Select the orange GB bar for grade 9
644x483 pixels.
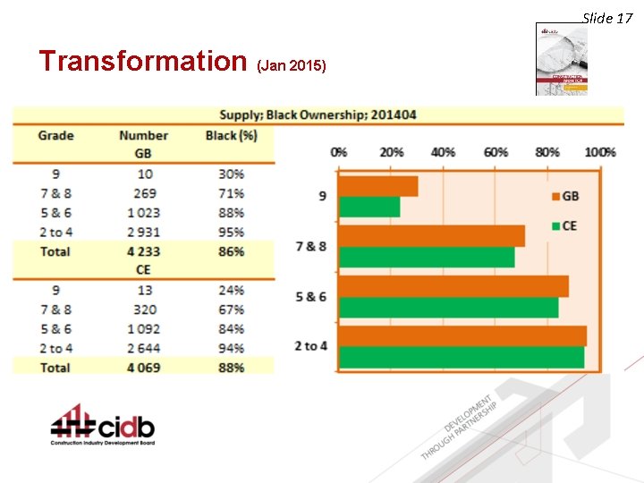pos(378,186)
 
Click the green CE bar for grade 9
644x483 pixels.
pos(369,207)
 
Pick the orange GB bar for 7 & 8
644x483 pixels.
pos(432,236)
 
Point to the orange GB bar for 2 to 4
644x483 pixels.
pos(462,335)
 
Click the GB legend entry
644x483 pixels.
pos(563,196)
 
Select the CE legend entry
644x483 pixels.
pos(563,225)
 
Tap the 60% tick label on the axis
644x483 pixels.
pos(496,152)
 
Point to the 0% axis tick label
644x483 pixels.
pos(339,152)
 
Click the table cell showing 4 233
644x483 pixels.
pos(143,251)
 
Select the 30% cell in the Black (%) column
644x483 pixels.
pos(231,174)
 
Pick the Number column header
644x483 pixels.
pos(143,136)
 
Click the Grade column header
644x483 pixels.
pos(55,136)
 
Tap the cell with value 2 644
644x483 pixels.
pos(143,348)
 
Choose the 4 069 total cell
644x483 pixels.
pos(143,367)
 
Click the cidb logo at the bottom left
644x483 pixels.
pos(102,426)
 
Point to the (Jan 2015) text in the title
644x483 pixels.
pos(292,66)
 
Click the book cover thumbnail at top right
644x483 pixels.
pos(562,59)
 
